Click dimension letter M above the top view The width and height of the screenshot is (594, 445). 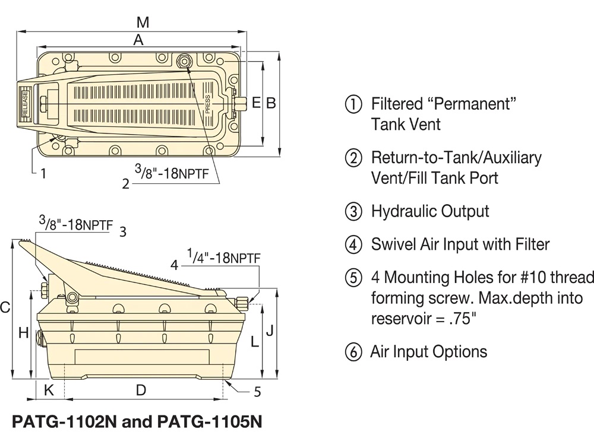[142, 23]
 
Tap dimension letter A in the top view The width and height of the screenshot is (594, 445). [138, 40]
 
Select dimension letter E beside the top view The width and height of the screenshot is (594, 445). [256, 103]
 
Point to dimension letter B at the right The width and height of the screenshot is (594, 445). [271, 103]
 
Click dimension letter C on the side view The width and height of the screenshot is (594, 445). [5, 307]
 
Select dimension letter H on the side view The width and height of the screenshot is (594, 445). [23, 333]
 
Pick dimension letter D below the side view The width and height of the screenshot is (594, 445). [141, 390]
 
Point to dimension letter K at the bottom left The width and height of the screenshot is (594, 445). [49, 390]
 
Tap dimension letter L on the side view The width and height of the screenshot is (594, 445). [254, 342]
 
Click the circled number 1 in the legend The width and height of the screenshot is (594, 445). [353, 104]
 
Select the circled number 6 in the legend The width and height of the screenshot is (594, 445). [353, 352]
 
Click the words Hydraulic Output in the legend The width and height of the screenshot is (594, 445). [430, 211]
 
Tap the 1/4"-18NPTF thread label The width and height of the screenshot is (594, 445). [223, 257]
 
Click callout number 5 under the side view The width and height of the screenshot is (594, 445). [257, 391]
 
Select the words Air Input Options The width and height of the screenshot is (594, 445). [428, 352]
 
